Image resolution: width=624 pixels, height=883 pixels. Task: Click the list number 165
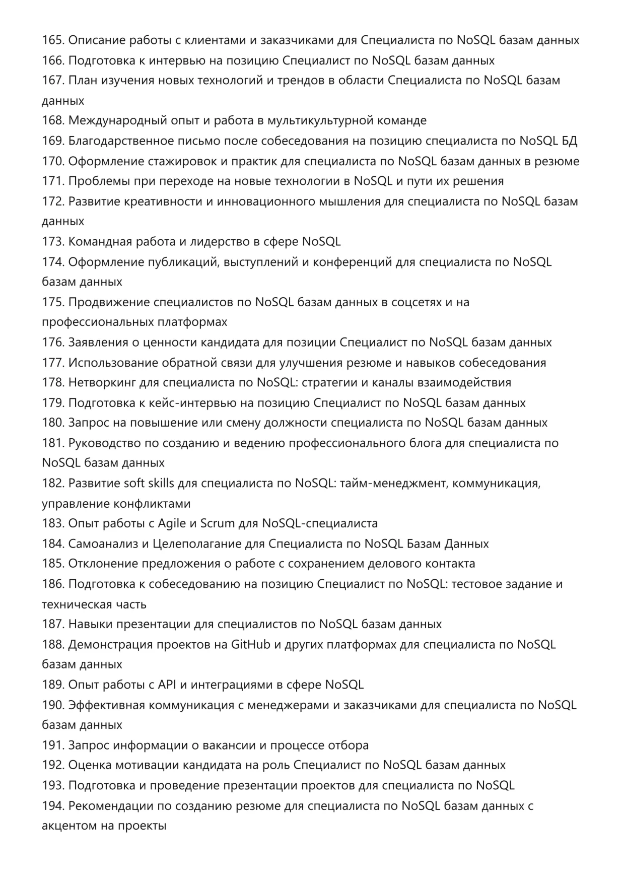coord(52,40)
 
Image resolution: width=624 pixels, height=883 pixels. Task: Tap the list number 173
coord(52,242)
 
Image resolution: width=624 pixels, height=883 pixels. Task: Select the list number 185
coord(52,564)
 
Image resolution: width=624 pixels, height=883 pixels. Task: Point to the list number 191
coord(52,745)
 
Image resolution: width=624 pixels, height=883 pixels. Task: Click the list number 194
coord(52,805)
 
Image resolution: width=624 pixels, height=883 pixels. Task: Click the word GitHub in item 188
coord(250,644)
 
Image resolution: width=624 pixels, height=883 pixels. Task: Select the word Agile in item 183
coord(172,523)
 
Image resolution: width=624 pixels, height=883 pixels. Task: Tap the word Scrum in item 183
coord(218,523)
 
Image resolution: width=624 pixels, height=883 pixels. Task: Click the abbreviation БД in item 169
coord(569,141)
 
